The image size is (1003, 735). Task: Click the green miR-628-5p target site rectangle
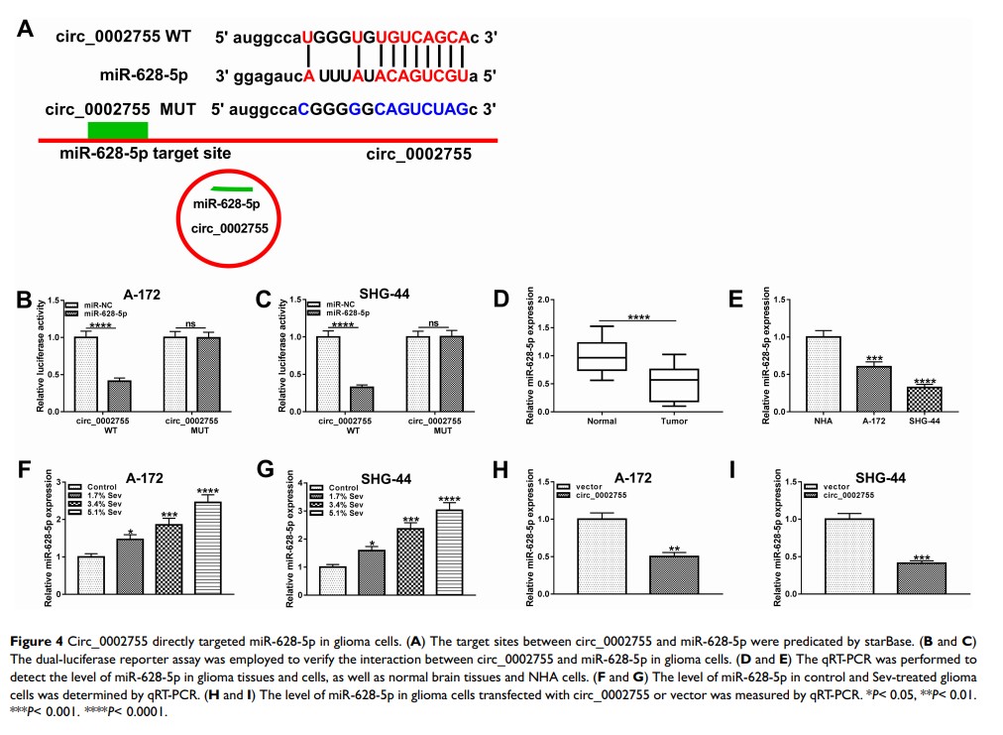coord(117,130)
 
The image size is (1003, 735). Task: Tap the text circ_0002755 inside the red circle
coord(230,227)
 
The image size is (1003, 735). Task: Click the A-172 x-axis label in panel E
coord(872,421)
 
